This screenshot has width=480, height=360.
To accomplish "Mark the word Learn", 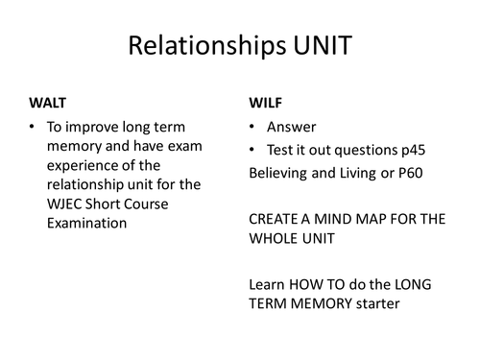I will (x=266, y=284).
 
